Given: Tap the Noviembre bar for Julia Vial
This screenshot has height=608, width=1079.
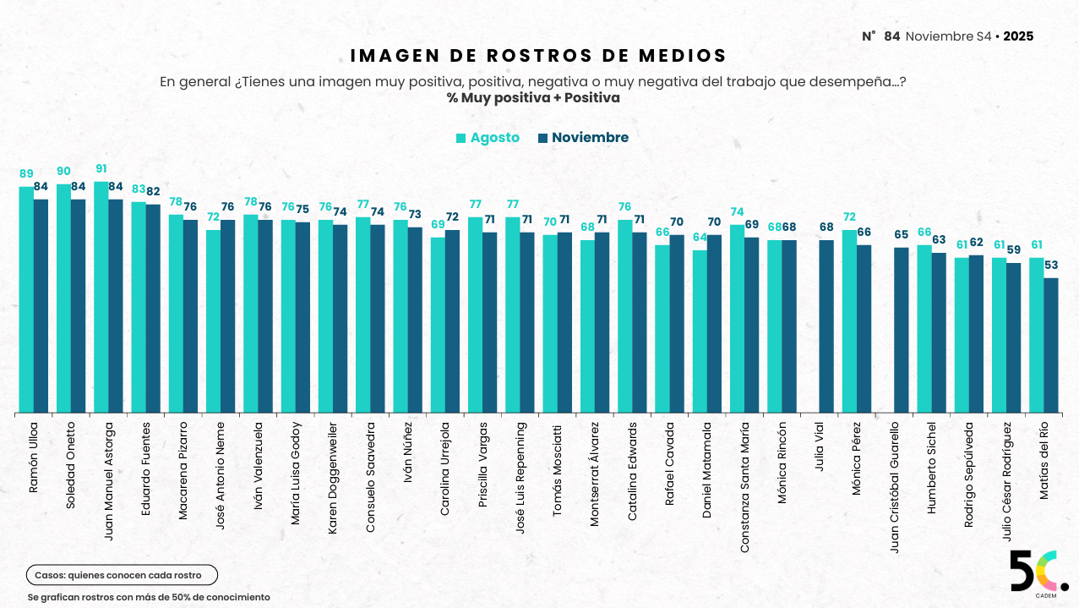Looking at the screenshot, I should [826, 326].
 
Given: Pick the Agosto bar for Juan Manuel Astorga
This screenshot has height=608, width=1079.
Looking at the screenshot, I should [101, 297].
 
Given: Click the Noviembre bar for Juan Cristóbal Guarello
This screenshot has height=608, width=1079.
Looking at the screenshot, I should [901, 330].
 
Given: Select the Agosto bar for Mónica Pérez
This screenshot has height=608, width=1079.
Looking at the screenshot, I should [849, 321].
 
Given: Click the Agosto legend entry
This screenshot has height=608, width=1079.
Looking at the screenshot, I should [488, 138].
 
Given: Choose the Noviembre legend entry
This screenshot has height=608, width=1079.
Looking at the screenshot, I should [583, 138].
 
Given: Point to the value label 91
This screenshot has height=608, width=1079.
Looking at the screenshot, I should [101, 169].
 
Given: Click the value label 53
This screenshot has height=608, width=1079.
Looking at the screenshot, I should [1051, 266].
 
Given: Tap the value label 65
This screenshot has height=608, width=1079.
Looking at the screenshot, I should [902, 235].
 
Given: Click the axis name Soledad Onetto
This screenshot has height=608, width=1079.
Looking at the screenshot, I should [71, 464].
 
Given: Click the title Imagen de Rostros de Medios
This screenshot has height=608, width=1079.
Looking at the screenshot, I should [538, 56].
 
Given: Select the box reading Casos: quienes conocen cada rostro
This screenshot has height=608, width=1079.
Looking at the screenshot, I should [122, 576].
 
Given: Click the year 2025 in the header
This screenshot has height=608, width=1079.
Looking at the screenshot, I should [1018, 36].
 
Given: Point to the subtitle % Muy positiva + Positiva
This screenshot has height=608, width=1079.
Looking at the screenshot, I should [533, 98].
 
